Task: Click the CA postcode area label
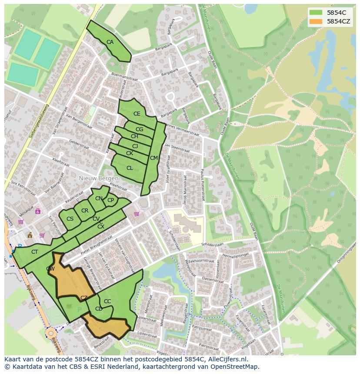(110, 42)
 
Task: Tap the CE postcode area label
(137, 114)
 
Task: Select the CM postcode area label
(153, 158)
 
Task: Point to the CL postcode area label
(130, 168)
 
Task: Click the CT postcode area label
(35, 252)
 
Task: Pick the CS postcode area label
(70, 219)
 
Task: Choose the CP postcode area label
(110, 200)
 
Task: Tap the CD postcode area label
(99, 309)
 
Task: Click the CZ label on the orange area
(84, 298)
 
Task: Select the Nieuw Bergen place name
(99, 179)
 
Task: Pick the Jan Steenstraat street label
(177, 148)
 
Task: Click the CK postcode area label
(130, 153)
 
